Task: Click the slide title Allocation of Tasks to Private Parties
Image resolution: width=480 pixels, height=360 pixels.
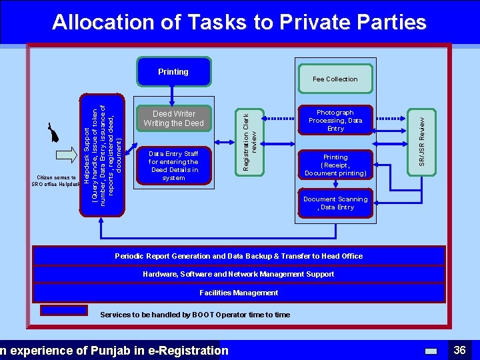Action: pos(239,23)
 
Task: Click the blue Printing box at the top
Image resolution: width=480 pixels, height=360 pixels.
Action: pos(173,72)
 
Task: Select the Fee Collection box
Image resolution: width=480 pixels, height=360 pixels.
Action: pos(335,79)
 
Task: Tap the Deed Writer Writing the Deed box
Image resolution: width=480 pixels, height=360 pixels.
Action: pos(173,119)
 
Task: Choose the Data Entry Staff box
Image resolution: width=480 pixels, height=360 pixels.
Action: pos(173,166)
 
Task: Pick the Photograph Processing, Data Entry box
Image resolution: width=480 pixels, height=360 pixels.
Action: pos(335,121)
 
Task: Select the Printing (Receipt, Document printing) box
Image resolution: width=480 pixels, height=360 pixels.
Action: pos(335,165)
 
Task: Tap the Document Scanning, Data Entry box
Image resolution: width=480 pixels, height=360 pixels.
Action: pos(335,203)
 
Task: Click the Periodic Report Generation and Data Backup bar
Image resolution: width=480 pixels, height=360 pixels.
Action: pos(239,256)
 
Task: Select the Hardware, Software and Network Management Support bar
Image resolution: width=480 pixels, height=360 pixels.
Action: pos(239,274)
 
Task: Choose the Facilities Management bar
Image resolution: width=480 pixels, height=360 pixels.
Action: pos(239,293)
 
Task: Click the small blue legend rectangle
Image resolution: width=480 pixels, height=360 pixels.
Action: pos(64,310)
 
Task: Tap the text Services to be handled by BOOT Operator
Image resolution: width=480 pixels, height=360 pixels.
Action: pos(195,315)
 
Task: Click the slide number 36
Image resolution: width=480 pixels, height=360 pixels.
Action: pos(459,350)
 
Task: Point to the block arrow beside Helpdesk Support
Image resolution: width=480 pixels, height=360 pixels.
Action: pos(67,155)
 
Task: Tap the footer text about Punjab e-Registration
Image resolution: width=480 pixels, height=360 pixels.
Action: pos(113,351)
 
